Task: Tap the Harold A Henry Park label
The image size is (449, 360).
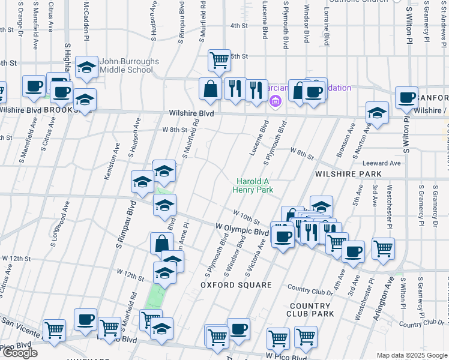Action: click(255, 185)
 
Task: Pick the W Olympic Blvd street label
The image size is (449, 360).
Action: click(241, 231)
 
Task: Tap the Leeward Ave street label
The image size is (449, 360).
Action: click(381, 163)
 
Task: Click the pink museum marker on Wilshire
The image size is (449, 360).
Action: click(276, 100)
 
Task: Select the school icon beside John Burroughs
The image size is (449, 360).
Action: click(88, 68)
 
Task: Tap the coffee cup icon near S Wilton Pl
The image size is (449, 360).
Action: click(407, 98)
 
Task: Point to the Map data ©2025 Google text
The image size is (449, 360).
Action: click(412, 355)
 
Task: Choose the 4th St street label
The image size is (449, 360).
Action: click(239, 26)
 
